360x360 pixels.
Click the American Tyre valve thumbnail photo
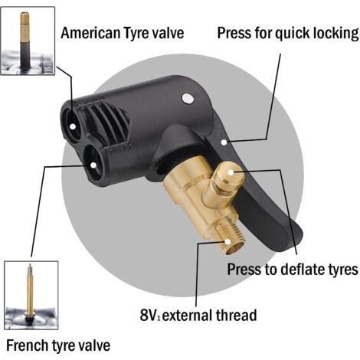pos(28,41)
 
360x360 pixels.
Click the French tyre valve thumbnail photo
pos(31,295)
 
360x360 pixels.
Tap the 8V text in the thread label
pos(149,315)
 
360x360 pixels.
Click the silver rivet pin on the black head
pos(188,98)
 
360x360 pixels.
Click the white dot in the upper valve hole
pos(73,126)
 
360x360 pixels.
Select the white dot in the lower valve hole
pos(93,165)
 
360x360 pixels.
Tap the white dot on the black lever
pos(224,142)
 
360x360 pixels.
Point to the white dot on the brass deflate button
pos(231,172)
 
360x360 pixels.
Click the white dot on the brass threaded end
pos(227,241)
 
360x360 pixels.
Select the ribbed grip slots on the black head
pos(106,121)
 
